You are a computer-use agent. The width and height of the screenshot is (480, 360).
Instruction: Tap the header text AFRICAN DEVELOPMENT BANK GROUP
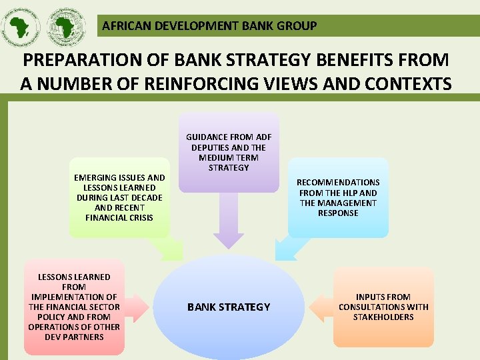click(x=209, y=27)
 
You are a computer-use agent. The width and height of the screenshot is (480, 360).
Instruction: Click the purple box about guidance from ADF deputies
click(x=229, y=152)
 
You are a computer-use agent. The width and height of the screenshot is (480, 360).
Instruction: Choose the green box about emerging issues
click(x=119, y=197)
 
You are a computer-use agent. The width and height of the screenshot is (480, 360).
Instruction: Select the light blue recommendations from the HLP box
click(x=338, y=197)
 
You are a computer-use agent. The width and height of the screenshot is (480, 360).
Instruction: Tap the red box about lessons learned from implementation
click(x=74, y=307)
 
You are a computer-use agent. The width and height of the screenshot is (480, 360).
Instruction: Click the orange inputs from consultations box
click(x=383, y=307)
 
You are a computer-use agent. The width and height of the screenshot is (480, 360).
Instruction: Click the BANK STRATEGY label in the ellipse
click(x=229, y=307)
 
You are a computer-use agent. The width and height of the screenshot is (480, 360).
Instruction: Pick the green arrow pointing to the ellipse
click(x=166, y=249)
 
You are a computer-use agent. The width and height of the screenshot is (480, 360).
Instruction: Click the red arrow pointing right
click(x=137, y=307)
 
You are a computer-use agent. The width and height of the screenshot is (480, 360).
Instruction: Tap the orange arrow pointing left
click(x=321, y=307)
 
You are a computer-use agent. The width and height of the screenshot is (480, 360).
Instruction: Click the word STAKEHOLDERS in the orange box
click(x=383, y=317)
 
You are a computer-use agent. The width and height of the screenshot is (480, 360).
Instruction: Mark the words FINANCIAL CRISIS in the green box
click(x=119, y=218)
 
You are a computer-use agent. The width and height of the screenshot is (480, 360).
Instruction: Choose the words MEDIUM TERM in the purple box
click(x=229, y=157)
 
